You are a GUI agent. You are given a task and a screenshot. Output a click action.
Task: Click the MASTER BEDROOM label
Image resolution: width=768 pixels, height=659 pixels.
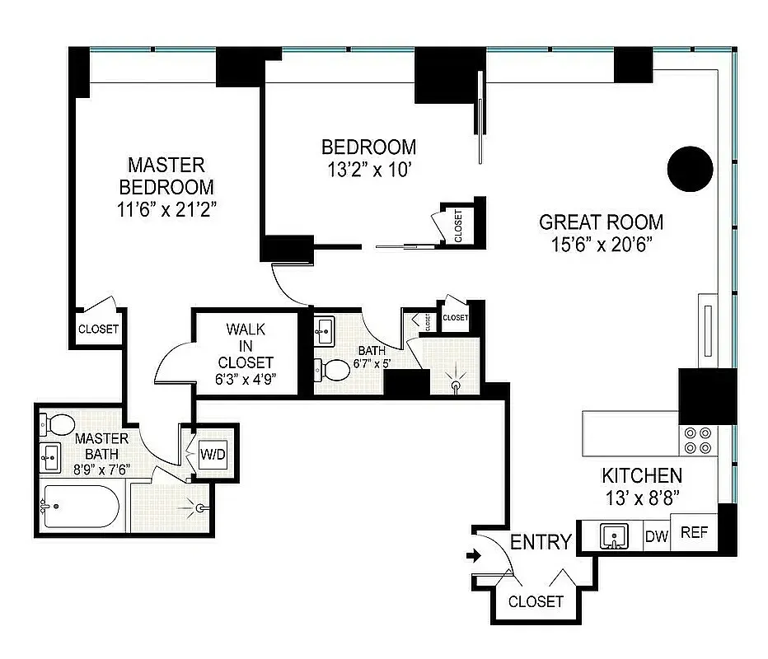(166, 175)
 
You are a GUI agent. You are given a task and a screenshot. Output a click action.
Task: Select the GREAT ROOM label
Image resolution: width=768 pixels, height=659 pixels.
(601, 222)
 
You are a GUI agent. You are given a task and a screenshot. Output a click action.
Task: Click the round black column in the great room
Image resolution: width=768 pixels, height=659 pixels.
(688, 169)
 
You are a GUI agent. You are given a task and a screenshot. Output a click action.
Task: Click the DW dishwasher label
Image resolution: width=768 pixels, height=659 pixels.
(656, 536)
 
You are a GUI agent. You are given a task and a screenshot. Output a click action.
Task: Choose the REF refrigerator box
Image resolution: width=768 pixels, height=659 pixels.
(693, 532)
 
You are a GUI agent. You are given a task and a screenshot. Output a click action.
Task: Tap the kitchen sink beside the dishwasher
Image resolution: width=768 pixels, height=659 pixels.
(614, 536)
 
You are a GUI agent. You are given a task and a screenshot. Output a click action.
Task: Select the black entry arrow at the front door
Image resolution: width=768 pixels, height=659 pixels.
(474, 556)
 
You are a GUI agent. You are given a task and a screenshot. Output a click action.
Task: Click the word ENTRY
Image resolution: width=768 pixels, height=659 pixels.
(541, 542)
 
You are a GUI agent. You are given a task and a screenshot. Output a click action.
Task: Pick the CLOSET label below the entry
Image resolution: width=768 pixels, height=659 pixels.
(536, 601)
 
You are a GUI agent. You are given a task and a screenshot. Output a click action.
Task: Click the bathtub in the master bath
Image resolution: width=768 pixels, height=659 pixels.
(81, 507)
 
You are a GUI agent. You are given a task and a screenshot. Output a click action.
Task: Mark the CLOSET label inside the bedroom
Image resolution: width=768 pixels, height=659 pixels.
(458, 226)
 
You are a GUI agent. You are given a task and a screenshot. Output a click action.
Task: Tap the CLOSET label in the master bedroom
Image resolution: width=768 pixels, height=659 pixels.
(98, 329)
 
